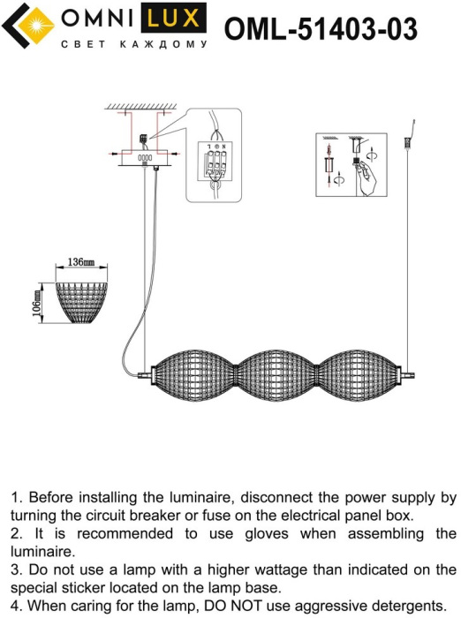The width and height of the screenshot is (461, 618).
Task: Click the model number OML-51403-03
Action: pyautogui.click(x=321, y=29)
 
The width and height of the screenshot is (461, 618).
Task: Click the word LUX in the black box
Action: pyautogui.click(x=173, y=19)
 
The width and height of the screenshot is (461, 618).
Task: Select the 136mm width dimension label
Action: pyautogui.click(x=81, y=261)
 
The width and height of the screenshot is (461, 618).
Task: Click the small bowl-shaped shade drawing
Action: pyautogui.click(x=81, y=303)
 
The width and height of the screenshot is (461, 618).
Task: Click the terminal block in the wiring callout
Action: pyautogui.click(x=215, y=161)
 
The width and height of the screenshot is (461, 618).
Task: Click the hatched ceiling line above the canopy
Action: pyautogui.click(x=140, y=107)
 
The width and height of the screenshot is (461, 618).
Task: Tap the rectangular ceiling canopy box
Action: pyautogui.click(x=145, y=158)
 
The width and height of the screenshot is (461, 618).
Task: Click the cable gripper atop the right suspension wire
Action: pyautogui.click(x=406, y=142)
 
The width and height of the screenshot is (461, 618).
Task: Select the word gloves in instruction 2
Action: pyautogui.click(x=267, y=533)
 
